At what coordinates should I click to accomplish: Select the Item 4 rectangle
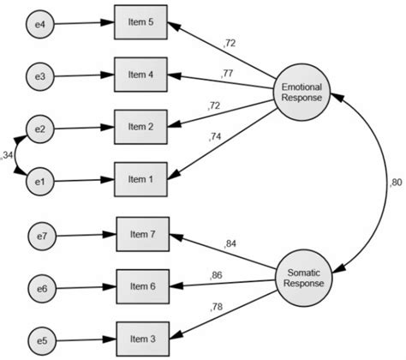tap(140, 75)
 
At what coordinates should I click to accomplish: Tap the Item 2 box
tap(140, 128)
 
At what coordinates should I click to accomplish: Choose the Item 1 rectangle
tap(140, 180)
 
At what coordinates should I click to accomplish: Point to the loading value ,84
tap(230, 244)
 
